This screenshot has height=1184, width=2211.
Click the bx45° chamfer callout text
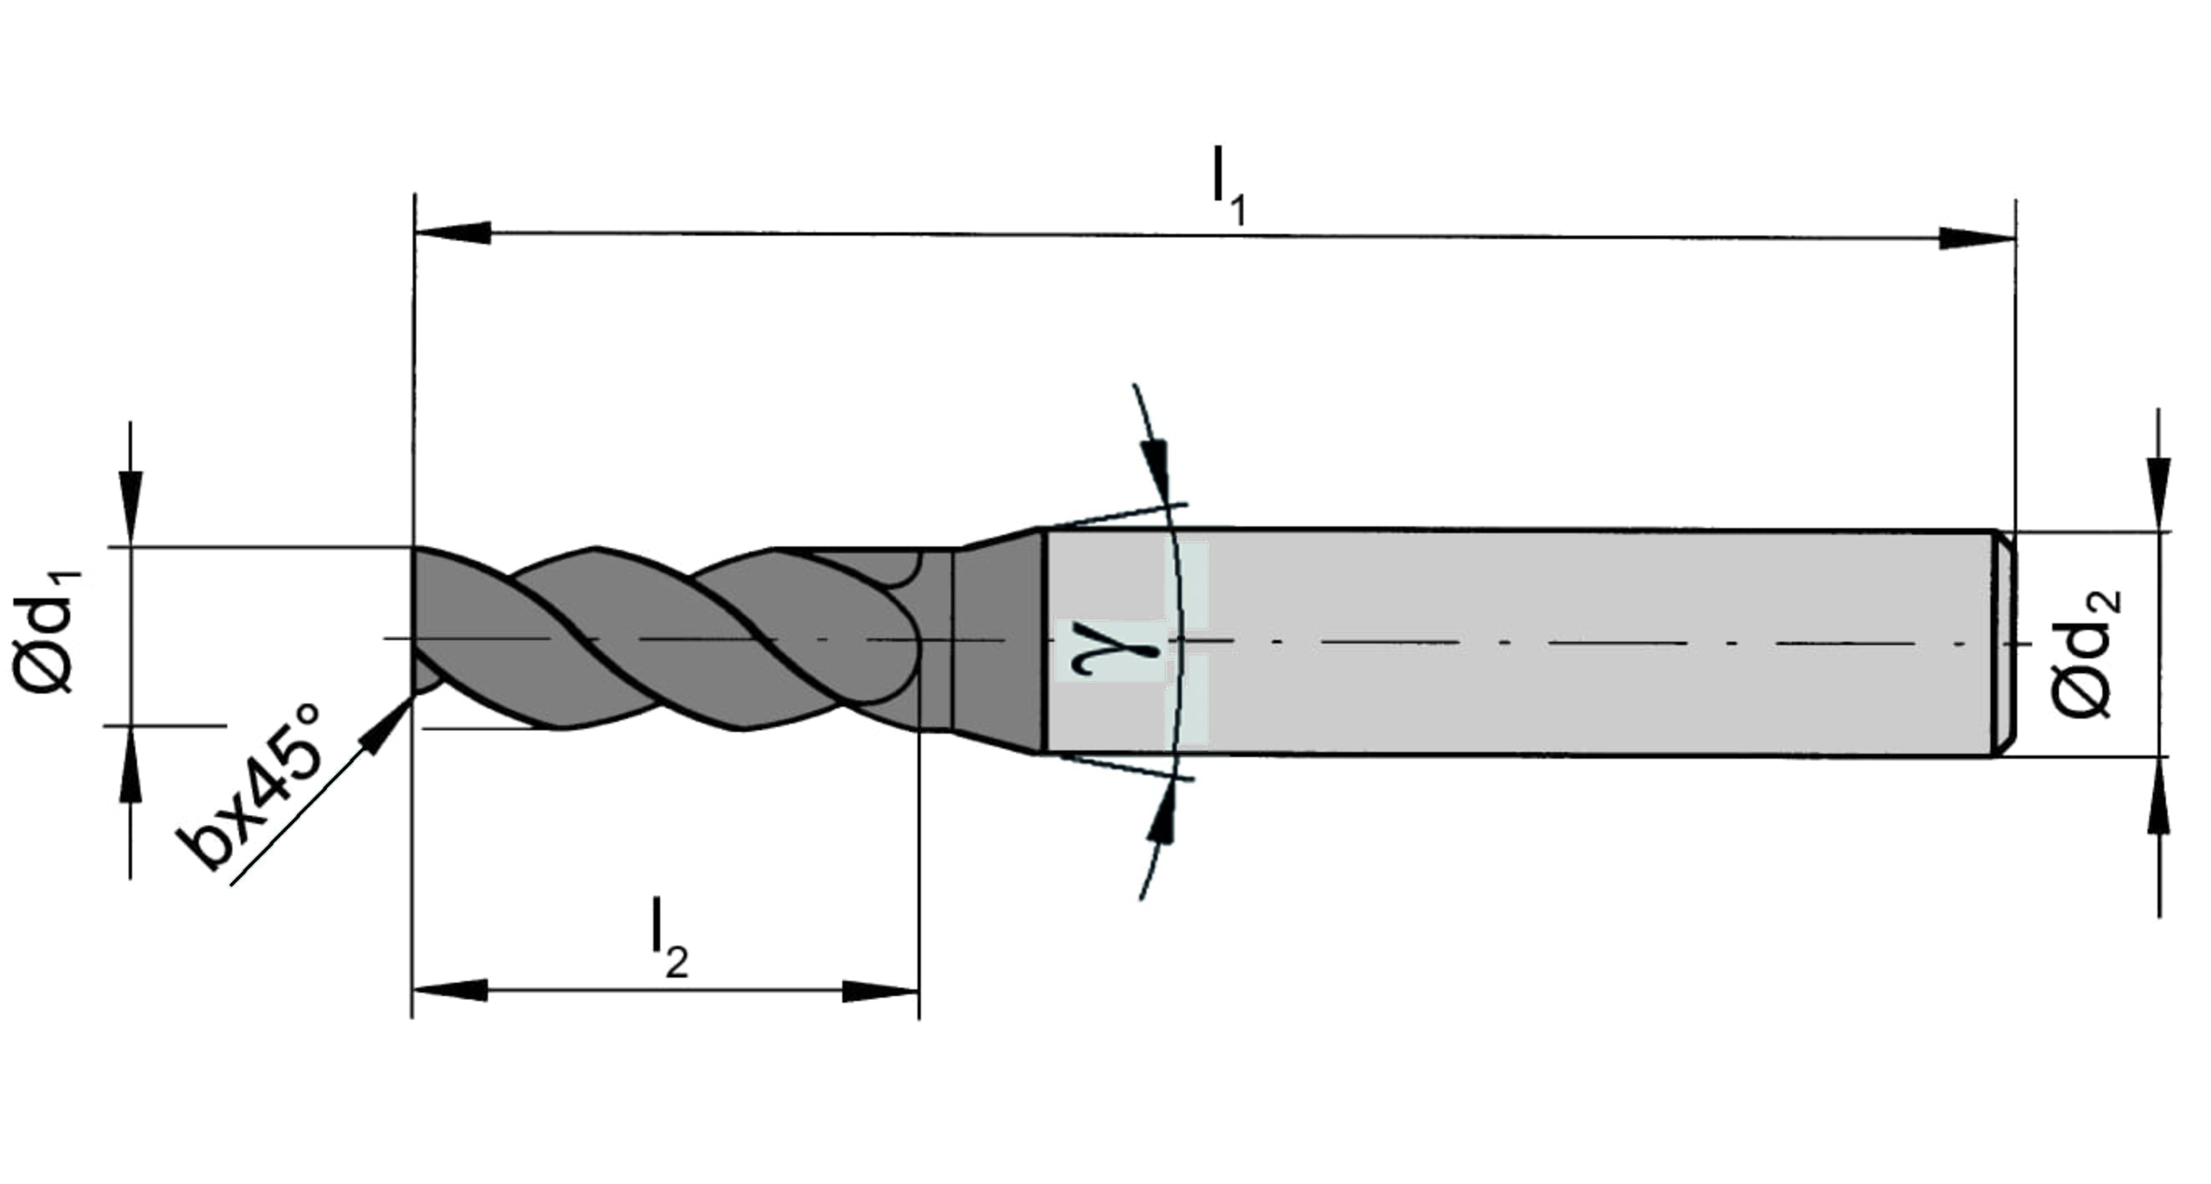(x=249, y=785)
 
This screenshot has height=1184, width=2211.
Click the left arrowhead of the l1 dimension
(x=452, y=233)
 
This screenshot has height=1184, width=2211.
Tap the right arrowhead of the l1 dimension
(x=1977, y=238)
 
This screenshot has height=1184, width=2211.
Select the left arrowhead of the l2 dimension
(x=450, y=990)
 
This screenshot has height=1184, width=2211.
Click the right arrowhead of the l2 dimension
(x=881, y=992)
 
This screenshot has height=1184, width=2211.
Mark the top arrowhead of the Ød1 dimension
(x=130, y=508)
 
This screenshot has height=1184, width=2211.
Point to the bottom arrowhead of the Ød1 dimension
(x=130, y=764)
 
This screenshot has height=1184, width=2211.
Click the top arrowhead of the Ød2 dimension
(x=2158, y=495)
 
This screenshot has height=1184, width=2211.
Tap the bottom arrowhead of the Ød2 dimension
(x=2158, y=795)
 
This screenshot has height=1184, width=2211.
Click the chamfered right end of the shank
(x=2003, y=643)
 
